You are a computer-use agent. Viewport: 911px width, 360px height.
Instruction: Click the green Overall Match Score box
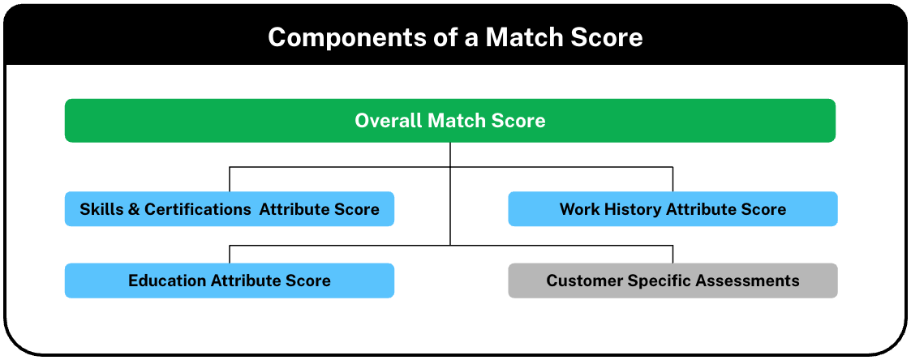click(449, 121)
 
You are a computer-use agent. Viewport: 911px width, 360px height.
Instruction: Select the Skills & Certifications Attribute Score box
click(230, 209)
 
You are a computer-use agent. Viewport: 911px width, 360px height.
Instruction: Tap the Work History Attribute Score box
click(673, 209)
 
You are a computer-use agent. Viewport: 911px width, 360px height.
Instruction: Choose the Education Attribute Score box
click(230, 281)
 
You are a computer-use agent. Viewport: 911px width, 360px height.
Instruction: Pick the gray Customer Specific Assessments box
click(673, 281)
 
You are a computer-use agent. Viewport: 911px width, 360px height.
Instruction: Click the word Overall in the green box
click(389, 121)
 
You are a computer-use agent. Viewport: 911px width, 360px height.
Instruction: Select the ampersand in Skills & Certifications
click(133, 209)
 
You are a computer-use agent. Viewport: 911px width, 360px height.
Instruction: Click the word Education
click(167, 281)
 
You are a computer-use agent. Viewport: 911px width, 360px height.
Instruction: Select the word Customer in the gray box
click(584, 281)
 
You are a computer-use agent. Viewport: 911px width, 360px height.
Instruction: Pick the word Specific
click(654, 281)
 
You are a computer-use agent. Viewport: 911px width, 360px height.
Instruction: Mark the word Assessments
click(742, 281)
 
